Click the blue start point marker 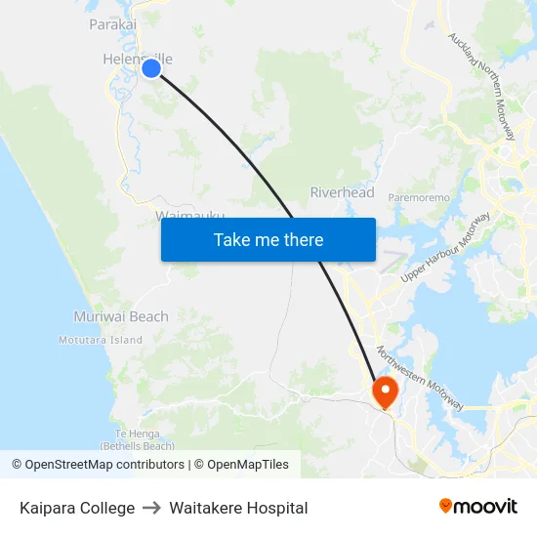151,68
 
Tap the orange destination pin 385,391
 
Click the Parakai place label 112,24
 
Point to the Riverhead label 342,192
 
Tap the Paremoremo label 419,197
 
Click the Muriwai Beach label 121,316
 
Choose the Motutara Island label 100,340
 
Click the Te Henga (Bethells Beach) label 145,439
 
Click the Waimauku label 189,215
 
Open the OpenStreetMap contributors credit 104,465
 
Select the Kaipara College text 77,508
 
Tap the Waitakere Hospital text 238,508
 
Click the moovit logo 478,506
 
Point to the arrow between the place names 152,508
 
